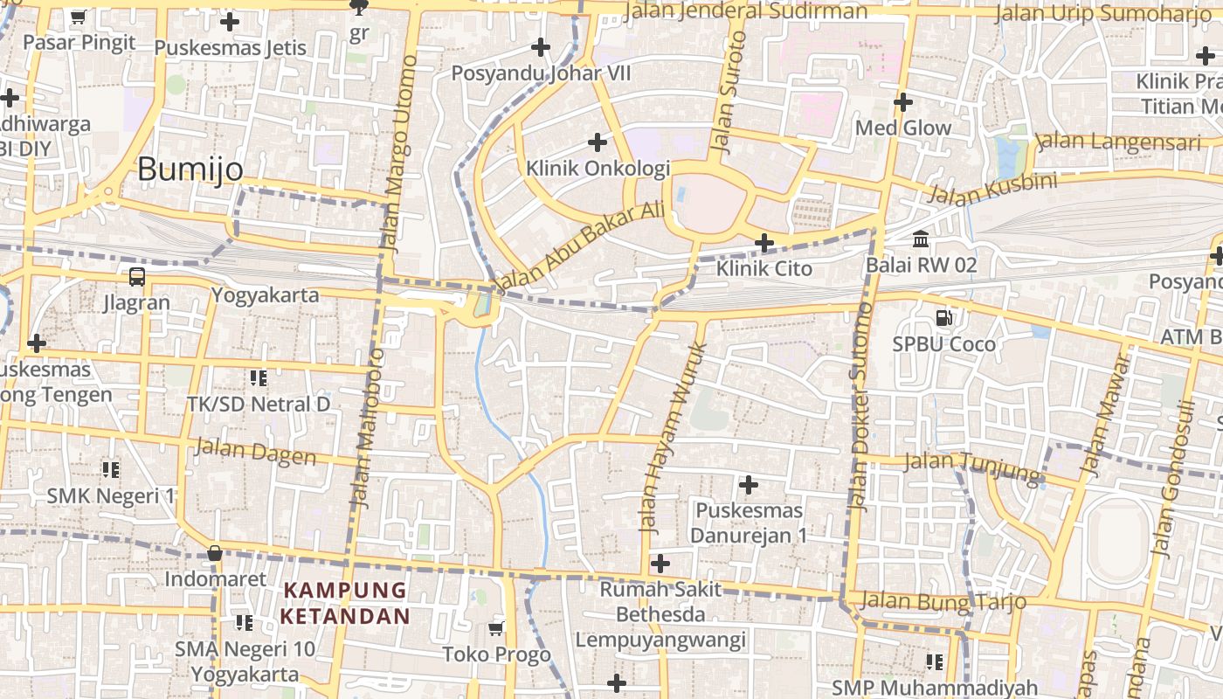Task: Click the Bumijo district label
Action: [190, 170]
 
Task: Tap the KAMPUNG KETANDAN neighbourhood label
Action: [345, 603]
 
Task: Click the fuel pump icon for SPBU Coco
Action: [943, 318]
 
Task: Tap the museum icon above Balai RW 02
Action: [921, 239]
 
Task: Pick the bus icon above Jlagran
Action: [137, 277]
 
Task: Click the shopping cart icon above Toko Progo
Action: [496, 628]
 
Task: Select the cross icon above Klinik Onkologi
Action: [598, 142]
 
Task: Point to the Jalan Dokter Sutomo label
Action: [860, 406]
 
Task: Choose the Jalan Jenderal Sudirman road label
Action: [747, 11]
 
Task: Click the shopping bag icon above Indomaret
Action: [215, 553]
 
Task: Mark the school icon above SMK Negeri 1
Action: [111, 470]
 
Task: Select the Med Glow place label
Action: [903, 128]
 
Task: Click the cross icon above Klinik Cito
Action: [764, 242]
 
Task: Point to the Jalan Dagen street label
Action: [255, 452]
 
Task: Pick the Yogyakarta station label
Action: [266, 294]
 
